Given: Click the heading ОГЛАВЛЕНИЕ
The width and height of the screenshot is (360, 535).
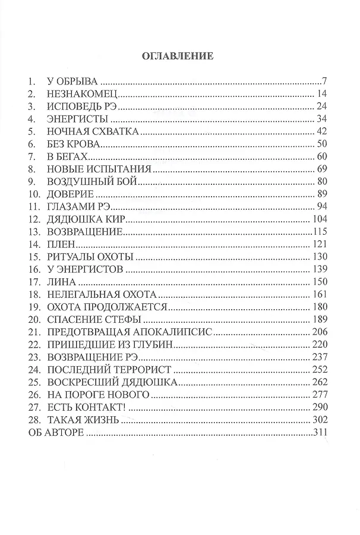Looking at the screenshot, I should tap(176, 57).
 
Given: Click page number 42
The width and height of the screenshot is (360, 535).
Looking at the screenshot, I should tap(323, 131).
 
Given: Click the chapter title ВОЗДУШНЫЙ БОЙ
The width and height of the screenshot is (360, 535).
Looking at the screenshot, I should tap(92, 182).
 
